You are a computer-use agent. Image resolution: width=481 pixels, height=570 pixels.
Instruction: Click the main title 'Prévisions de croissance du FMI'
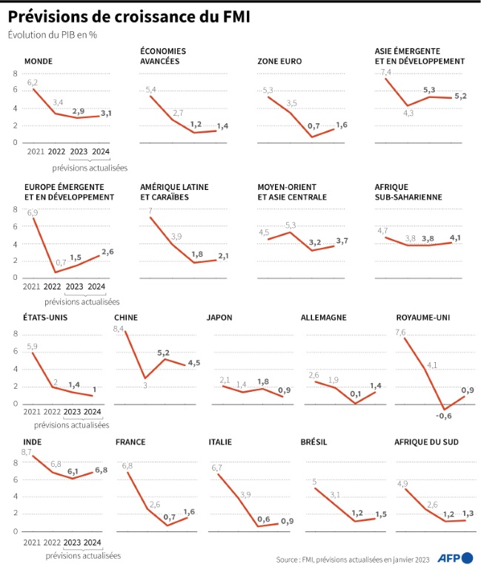tap(134, 15)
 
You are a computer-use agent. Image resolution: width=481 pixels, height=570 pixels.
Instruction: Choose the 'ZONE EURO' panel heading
tap(279, 61)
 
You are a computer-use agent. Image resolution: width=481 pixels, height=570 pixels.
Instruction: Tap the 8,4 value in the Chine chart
tap(119, 329)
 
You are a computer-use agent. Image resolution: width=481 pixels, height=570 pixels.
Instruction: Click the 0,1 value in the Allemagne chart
tap(356, 394)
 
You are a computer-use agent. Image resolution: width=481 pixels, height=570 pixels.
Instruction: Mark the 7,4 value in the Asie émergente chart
tap(385, 72)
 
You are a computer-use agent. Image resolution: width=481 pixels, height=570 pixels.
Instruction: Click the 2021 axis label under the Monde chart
tap(34, 152)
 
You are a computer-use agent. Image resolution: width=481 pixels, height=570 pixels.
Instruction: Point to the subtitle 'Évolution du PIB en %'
tap(53, 35)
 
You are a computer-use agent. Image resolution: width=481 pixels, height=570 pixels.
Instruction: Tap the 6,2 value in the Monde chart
tap(32, 82)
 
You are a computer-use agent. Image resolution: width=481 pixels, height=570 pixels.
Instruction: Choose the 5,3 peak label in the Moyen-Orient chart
tap(290, 225)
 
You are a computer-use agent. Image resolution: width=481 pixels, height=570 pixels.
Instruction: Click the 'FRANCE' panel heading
tap(130, 442)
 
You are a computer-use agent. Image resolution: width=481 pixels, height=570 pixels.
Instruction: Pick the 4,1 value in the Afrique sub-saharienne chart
tap(454, 237)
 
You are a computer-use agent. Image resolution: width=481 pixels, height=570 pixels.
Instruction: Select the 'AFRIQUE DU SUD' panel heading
tap(425, 442)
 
